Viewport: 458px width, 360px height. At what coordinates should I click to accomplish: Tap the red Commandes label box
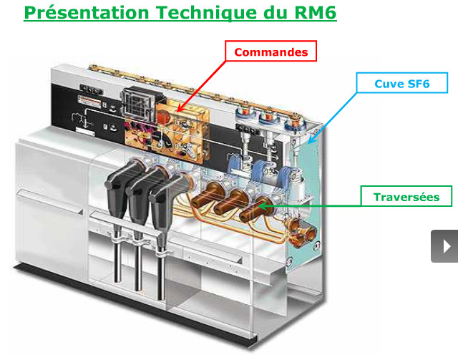pyautogui.click(x=271, y=52)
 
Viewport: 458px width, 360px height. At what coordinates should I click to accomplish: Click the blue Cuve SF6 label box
pyautogui.click(x=403, y=83)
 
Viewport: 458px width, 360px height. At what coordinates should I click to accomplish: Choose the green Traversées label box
pyautogui.click(x=405, y=197)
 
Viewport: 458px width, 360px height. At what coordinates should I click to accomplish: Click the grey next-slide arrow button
pyautogui.click(x=444, y=246)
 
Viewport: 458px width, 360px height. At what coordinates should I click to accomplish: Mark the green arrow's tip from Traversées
pyautogui.click(x=260, y=206)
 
